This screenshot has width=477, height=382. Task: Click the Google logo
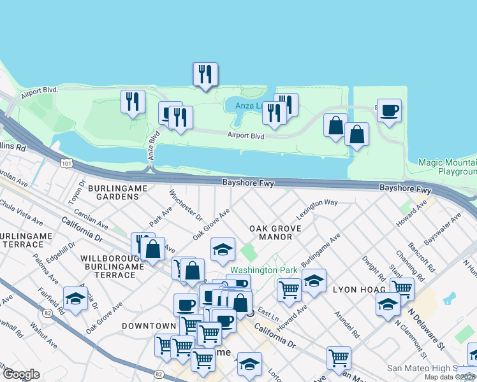coord(22,374)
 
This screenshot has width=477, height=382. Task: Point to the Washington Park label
coord(264,270)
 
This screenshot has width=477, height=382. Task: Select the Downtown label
coord(149,326)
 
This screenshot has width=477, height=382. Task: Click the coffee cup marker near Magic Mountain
coord(389,110)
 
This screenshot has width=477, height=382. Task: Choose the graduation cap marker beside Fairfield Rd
coord(75,299)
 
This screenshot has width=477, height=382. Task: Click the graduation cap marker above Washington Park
coord(223,250)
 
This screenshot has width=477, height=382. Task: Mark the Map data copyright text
coord(450,377)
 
